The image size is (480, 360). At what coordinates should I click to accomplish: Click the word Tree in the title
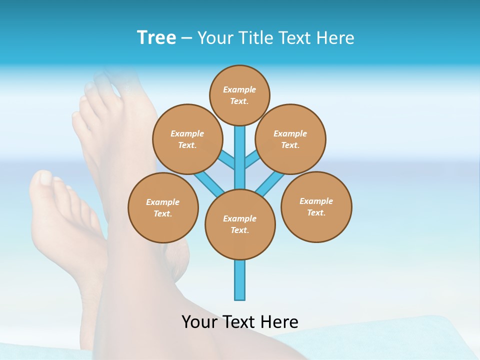(156, 38)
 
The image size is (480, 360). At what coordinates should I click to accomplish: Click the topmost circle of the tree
(239, 95)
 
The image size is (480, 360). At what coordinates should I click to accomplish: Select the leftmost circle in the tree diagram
(163, 207)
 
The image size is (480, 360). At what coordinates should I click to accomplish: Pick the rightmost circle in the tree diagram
(316, 206)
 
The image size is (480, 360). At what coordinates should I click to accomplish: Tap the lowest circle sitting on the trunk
(240, 224)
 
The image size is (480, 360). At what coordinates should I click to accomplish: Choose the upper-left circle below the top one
(187, 139)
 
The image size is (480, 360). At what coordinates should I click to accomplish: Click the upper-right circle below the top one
(290, 139)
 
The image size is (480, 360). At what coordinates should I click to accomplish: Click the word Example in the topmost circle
(239, 89)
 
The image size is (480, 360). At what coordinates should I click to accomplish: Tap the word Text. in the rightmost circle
(316, 212)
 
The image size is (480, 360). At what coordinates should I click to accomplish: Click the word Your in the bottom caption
(199, 321)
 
